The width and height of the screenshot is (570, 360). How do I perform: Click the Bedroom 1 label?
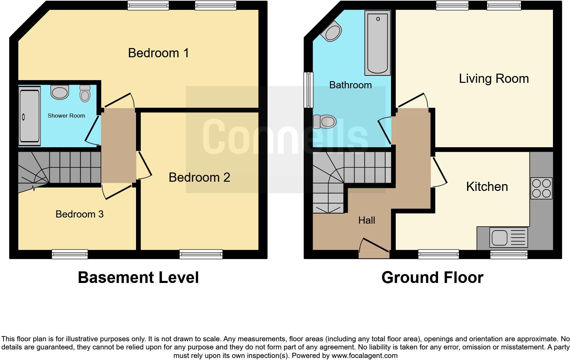point(159,53)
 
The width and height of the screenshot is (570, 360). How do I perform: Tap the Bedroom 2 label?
point(199,177)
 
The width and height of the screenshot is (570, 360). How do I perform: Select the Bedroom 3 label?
point(79,214)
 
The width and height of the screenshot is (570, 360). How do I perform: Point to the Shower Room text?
point(66,116)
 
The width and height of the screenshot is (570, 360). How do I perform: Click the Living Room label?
point(494,79)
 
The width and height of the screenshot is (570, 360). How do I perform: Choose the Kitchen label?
point(487,187)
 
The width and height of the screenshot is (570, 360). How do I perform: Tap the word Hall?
point(366,221)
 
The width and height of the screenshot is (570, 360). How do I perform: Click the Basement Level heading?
point(138,277)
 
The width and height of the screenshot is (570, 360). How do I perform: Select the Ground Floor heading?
point(432,277)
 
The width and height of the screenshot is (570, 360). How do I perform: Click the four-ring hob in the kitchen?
point(541,188)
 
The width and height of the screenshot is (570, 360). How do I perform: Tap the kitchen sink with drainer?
point(508,237)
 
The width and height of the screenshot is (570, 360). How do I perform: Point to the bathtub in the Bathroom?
point(377,43)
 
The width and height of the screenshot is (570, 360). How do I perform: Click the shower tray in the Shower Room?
point(29,116)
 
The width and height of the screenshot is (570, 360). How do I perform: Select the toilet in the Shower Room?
point(85,93)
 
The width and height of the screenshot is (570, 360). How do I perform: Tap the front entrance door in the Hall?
point(374,249)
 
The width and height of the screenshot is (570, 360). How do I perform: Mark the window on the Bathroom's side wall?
point(309,90)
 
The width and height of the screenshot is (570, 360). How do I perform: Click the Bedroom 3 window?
point(70,254)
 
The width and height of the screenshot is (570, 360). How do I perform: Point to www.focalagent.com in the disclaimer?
point(364,356)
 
